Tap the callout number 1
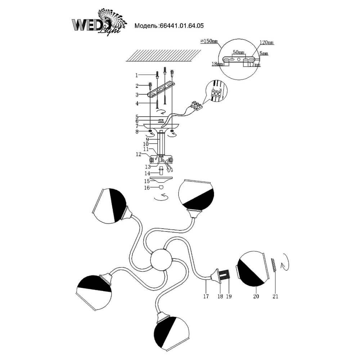point(137,75)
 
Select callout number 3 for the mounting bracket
point(137,95)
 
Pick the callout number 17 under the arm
point(206,297)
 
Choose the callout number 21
point(275,297)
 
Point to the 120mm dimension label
point(267,42)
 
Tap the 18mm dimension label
point(216,64)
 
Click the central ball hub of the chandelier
point(161,260)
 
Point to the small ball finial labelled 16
point(162,187)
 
